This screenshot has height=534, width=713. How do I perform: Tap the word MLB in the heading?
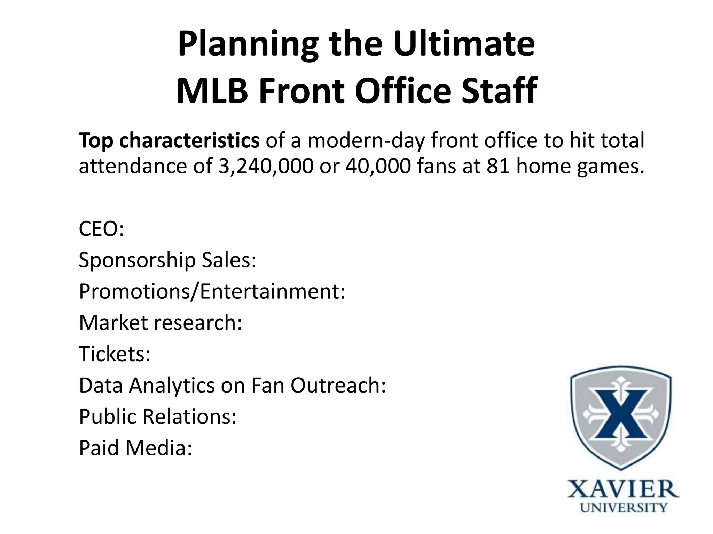[x=212, y=91]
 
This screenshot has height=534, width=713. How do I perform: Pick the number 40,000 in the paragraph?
[x=378, y=166]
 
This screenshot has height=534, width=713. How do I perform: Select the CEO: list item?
[x=101, y=228]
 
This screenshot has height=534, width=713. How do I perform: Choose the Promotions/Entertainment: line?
[x=212, y=291]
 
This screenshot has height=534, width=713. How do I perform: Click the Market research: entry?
[x=160, y=322]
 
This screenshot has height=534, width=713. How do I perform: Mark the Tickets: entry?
[x=115, y=354]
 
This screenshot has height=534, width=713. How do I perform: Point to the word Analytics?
[x=172, y=385]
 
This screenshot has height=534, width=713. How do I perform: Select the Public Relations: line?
[x=158, y=416]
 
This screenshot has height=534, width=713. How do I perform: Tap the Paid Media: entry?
[x=135, y=447]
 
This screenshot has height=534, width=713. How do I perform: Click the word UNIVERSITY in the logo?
[x=623, y=508]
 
